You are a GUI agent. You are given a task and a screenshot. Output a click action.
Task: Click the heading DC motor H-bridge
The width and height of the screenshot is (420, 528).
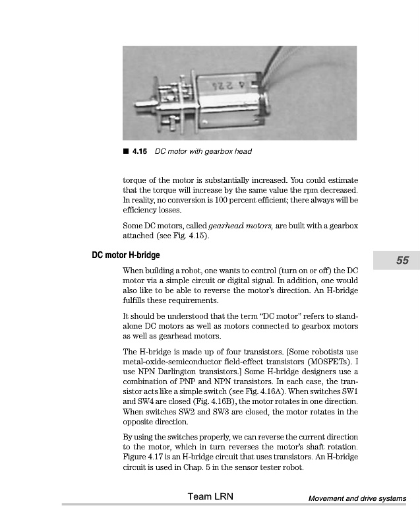click(x=125, y=255)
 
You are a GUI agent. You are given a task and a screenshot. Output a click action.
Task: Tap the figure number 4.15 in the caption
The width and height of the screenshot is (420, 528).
click(x=139, y=152)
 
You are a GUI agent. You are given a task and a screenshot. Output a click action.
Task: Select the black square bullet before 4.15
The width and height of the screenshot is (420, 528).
click(x=126, y=152)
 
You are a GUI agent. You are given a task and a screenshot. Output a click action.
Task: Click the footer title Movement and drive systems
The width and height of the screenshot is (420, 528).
click(x=357, y=498)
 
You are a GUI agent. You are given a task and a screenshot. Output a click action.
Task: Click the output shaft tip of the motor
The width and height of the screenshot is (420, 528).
click(x=138, y=104)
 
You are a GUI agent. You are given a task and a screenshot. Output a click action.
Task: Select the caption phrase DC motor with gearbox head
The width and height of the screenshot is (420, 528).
click(x=203, y=152)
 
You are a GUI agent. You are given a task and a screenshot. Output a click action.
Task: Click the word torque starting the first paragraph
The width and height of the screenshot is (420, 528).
click(x=136, y=178)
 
